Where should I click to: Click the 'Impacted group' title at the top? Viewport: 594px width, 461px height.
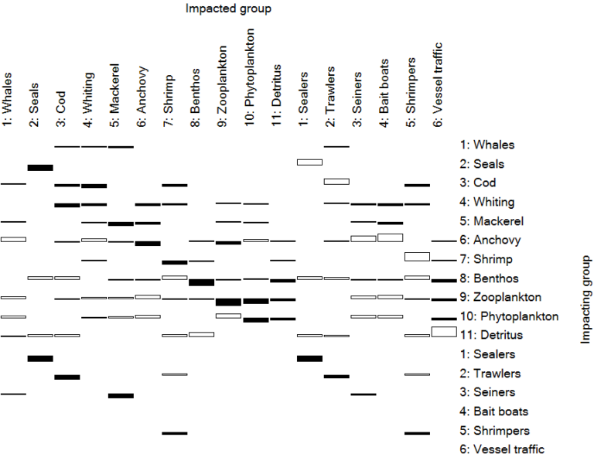[228, 9]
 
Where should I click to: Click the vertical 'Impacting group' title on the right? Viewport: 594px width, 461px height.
[585, 300]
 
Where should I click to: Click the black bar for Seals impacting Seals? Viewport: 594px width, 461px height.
[40, 167]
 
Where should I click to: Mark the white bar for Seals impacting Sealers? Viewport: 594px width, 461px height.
[309, 162]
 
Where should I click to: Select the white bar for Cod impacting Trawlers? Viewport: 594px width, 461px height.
[336, 181]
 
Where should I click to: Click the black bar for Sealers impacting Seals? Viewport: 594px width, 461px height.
[40, 358]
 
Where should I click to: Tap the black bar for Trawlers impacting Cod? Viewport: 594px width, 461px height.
[67, 377]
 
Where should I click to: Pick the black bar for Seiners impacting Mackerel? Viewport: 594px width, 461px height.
[121, 395]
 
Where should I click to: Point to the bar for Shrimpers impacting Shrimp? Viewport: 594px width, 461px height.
[175, 433]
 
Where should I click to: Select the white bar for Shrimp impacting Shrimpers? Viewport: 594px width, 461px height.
[417, 256]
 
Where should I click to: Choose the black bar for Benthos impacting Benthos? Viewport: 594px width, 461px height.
[201, 282]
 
